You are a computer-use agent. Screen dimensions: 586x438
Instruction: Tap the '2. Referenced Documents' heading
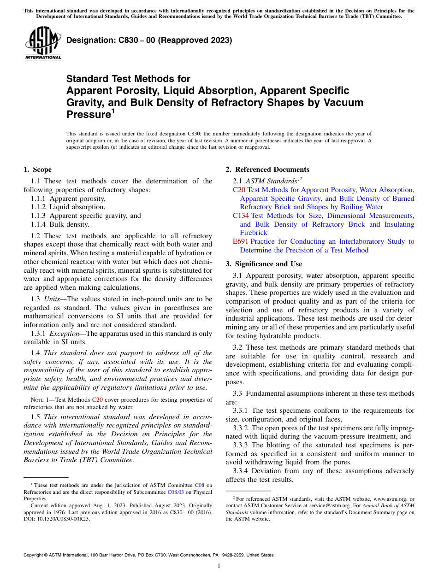(x=267, y=170)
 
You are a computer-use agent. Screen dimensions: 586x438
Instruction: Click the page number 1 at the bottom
(x=219, y=566)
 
